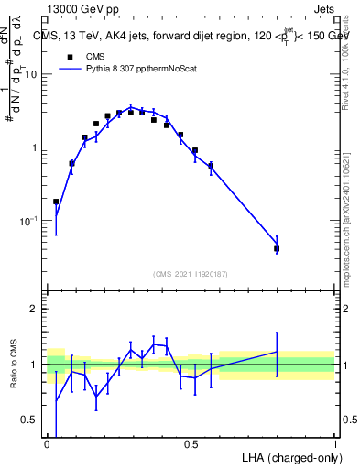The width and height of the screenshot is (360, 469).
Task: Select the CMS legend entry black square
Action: (x=70, y=56)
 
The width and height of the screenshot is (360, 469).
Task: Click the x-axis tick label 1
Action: (x=334, y=444)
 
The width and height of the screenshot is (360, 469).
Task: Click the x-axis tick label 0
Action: (x=47, y=444)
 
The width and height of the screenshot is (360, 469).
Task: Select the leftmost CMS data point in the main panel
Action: (x=56, y=202)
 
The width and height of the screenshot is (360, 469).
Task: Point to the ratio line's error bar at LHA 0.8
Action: (x=277, y=352)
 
